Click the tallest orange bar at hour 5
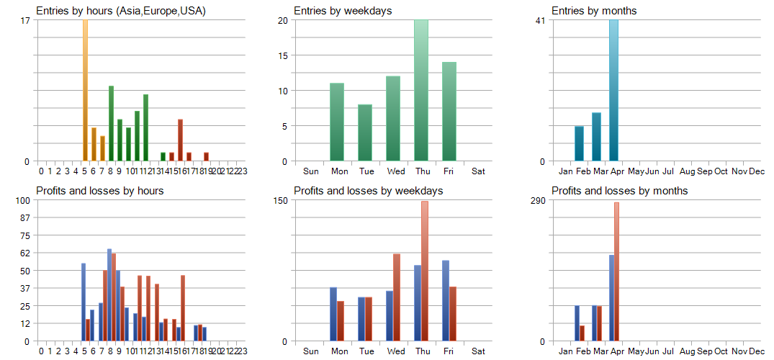[x=85, y=90]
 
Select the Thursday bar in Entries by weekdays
[x=421, y=90]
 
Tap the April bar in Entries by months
[x=613, y=90]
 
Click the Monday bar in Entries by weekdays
[x=337, y=122]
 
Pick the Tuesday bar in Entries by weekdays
[x=365, y=132]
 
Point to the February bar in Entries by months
[x=579, y=143]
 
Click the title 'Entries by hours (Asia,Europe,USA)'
[x=121, y=11]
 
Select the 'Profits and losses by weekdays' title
[x=368, y=191]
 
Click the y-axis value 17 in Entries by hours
[x=26, y=20]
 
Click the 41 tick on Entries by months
[x=540, y=20]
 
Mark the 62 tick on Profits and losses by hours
[x=26, y=253]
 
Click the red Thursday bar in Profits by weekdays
[x=425, y=271]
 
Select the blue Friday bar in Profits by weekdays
[x=446, y=300]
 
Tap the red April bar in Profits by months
[x=617, y=271]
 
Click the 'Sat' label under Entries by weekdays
[x=478, y=171]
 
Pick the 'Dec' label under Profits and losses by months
[x=757, y=351]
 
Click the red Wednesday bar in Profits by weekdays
[x=397, y=297]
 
